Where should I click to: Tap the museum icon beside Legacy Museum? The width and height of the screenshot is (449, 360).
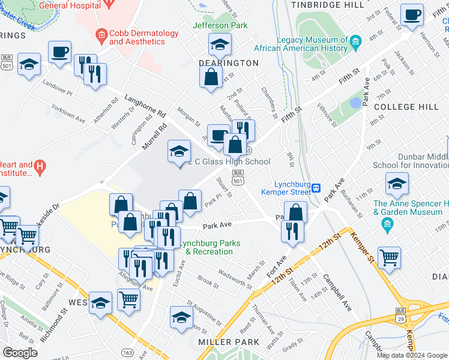[x=356, y=41]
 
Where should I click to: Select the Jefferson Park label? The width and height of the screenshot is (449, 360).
[x=220, y=26]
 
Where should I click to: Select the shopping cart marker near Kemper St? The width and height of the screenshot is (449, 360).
[x=389, y=258]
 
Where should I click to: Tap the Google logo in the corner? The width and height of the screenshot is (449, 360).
[x=20, y=353]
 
